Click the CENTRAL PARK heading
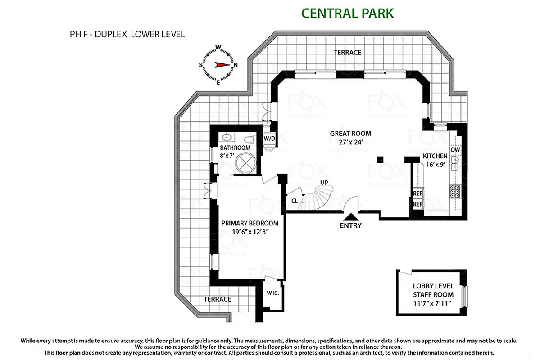[x=347, y=13]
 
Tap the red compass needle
[x=222, y=64]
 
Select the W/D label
[x=269, y=138]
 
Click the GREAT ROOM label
[x=350, y=133]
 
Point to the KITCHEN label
[x=435, y=156]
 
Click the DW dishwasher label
[x=455, y=149]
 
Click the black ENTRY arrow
[x=350, y=217]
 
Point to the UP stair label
[x=324, y=182]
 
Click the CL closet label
[x=294, y=201]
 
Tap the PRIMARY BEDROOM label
[x=250, y=223]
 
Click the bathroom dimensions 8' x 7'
[x=228, y=155]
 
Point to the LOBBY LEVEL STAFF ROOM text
[x=433, y=290]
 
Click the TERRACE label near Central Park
[x=347, y=52]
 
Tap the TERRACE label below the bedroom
[x=217, y=299]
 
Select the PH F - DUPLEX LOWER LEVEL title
[x=125, y=34]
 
